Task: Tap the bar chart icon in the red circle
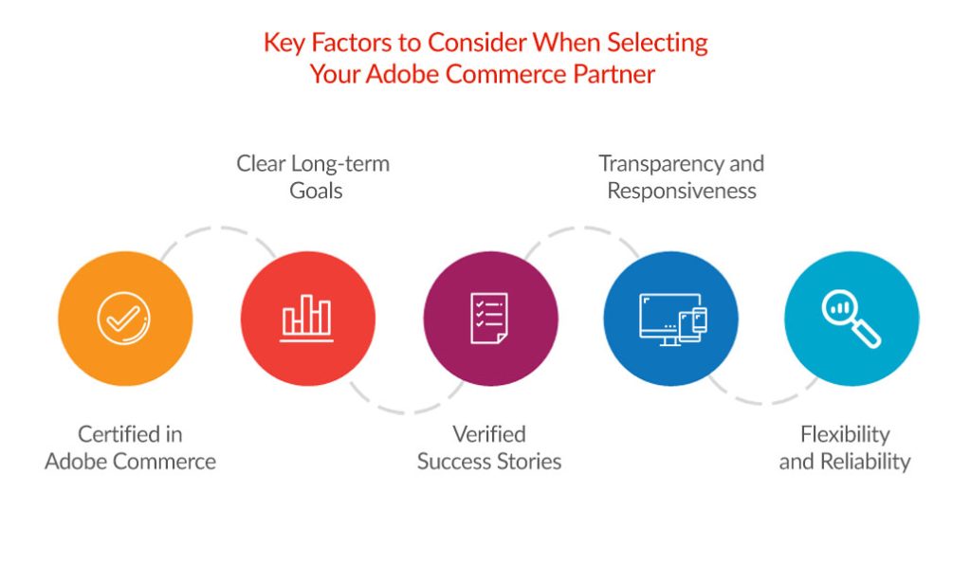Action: (x=306, y=318)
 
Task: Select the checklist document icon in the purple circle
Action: (x=489, y=318)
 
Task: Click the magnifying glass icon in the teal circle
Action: (x=851, y=318)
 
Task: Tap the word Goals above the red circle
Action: (x=312, y=191)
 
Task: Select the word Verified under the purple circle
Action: (x=488, y=434)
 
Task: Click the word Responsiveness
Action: (x=681, y=191)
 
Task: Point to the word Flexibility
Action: (x=845, y=434)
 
